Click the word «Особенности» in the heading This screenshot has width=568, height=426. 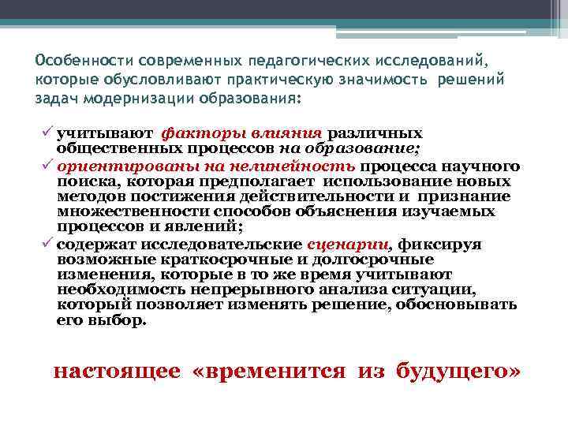pyautogui.click(x=84, y=61)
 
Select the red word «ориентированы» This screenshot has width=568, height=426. pyautogui.click(x=111, y=166)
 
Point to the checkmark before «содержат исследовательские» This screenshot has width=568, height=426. pyautogui.click(x=48, y=244)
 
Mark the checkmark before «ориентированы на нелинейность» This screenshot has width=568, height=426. pyautogui.click(x=48, y=166)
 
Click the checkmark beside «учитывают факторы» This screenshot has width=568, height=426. pyautogui.click(x=48, y=133)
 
